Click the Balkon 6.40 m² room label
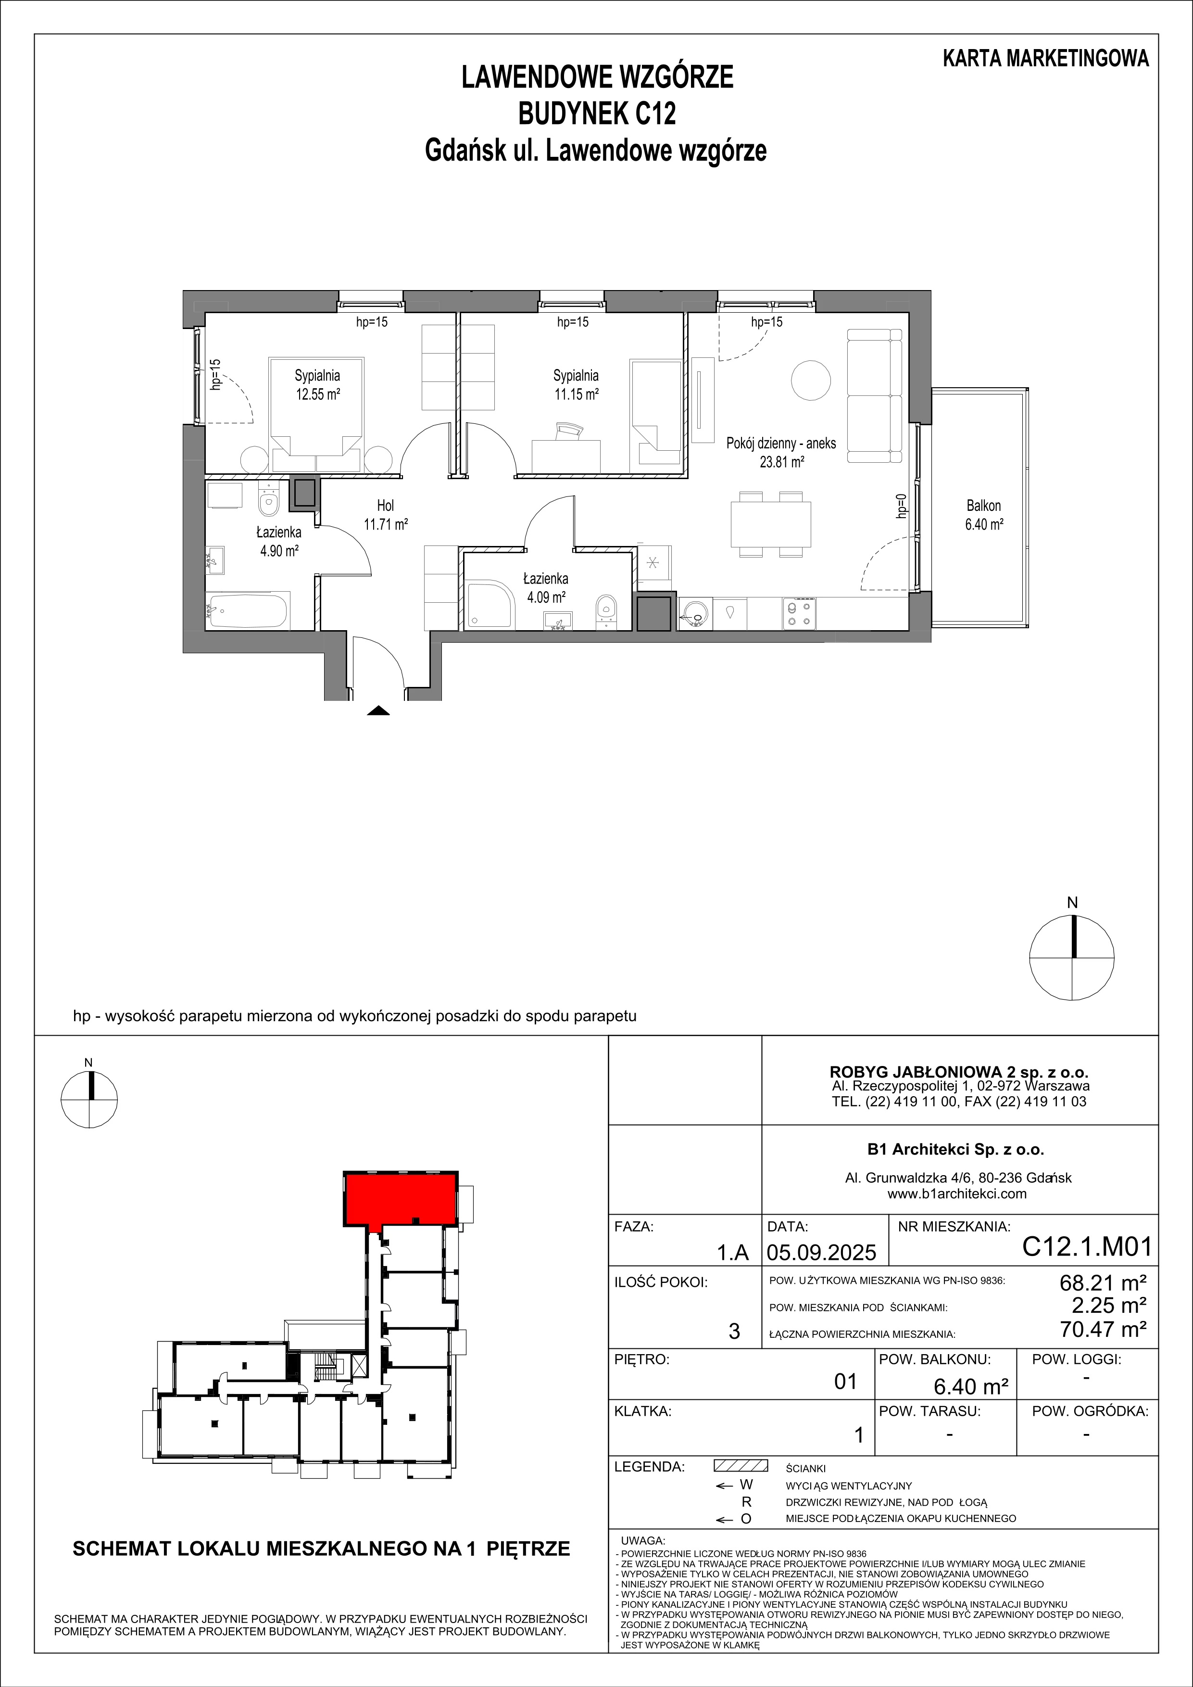point(984,515)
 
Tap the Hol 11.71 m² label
point(385,515)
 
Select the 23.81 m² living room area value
point(781,462)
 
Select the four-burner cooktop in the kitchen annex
point(799,613)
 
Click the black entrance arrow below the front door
point(377,710)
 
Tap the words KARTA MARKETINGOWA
point(1046,59)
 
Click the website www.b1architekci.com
point(956,1194)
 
